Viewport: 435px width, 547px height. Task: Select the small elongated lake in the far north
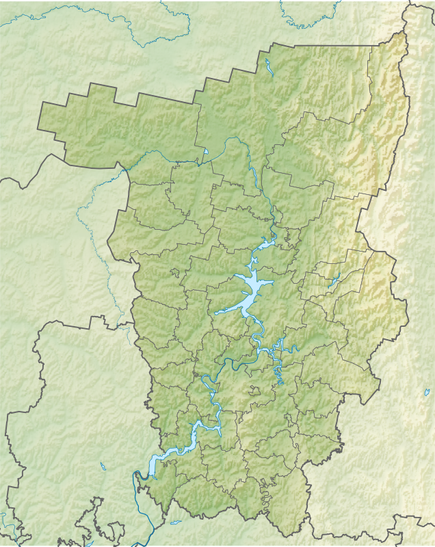point(267,68)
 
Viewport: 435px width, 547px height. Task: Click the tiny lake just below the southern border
point(176,522)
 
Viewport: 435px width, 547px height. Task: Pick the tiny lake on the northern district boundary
point(205,152)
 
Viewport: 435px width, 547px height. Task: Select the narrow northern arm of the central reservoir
point(263,246)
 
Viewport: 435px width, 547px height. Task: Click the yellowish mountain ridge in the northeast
point(383,137)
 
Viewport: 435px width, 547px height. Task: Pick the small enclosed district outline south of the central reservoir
point(255,391)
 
